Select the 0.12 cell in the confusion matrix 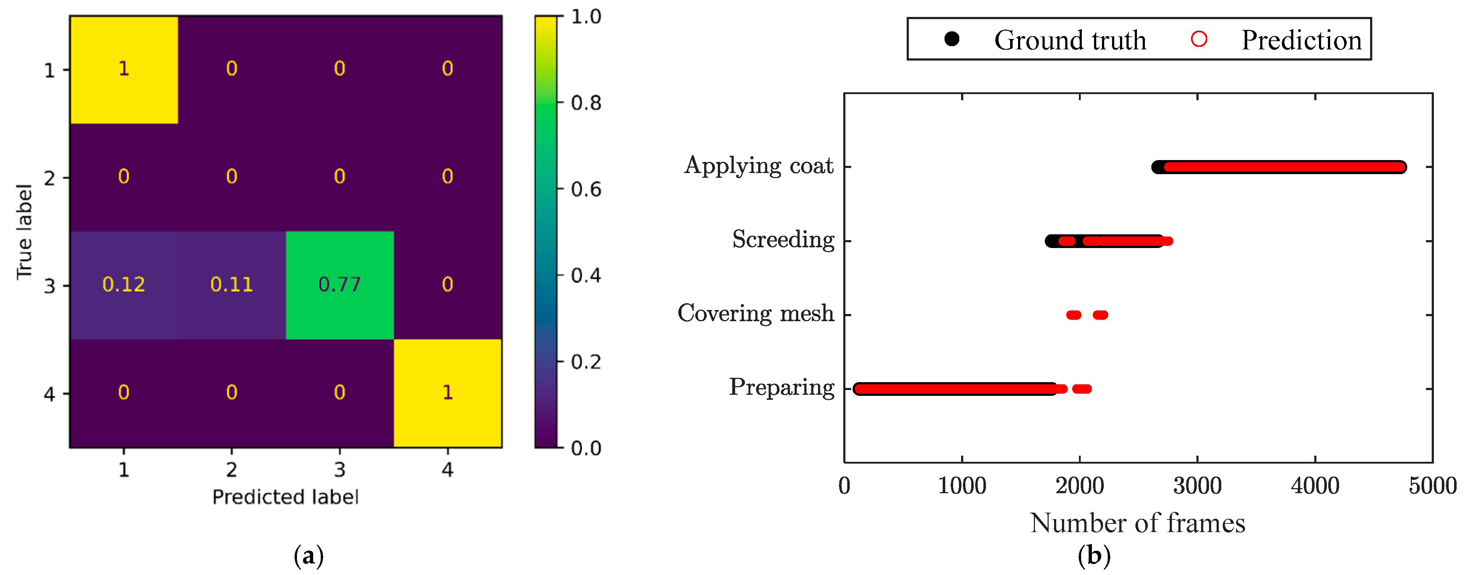[123, 284]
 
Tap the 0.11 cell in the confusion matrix [231, 284]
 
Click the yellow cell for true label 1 [123, 69]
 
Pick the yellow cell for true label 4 [448, 393]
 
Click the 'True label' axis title [25, 232]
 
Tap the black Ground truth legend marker [951, 39]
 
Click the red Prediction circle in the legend [1199, 39]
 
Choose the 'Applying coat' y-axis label [759, 165]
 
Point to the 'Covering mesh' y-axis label [755, 314]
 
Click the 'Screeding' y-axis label [783, 240]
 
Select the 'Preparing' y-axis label [781, 388]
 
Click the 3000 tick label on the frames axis [1197, 486]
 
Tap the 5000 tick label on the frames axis [1432, 486]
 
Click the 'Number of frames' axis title [1138, 523]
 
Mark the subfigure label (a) [308, 556]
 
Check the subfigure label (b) [1094, 556]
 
